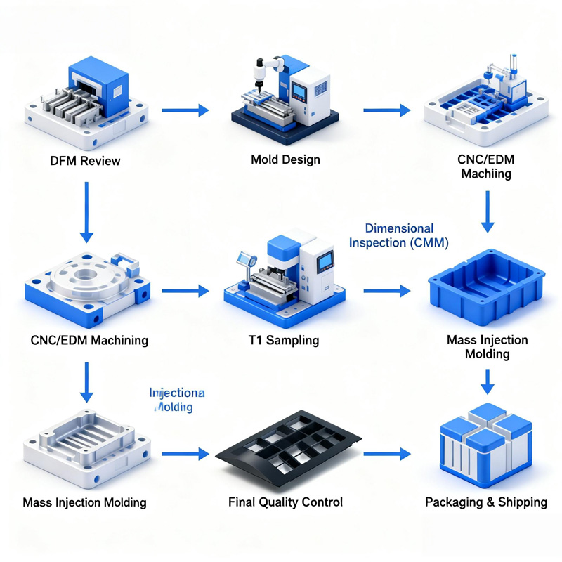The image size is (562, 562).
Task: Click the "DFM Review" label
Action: point(85,161)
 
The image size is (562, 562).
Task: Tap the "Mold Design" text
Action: point(285,159)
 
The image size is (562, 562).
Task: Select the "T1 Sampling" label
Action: point(284,340)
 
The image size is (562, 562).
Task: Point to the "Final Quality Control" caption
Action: point(285,502)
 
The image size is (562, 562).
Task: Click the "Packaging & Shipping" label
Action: point(486,502)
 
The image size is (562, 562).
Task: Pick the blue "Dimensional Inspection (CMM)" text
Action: point(399,235)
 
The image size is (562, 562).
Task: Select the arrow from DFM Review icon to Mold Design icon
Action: point(185,110)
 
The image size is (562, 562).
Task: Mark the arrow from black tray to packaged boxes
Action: point(386,455)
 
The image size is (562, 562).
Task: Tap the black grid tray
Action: point(288,450)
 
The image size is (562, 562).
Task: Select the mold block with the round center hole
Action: point(88,281)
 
